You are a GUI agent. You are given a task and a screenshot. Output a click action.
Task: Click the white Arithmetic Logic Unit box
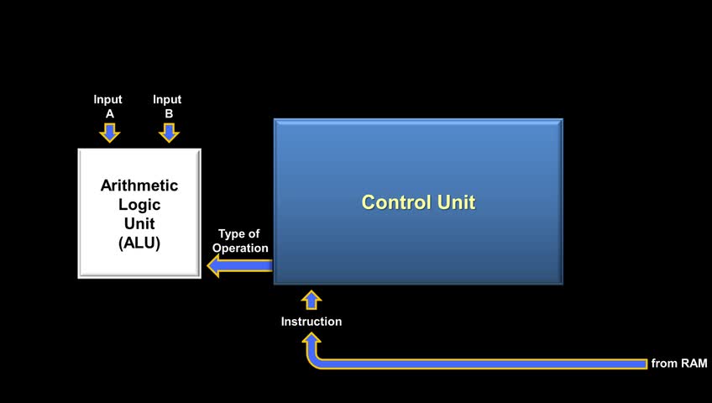click(139, 214)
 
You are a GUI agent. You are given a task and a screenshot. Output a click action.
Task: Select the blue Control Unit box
click(418, 243)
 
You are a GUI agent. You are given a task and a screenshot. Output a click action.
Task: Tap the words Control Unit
click(418, 202)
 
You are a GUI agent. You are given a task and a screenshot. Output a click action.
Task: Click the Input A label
click(108, 106)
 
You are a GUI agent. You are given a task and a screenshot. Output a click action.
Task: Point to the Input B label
click(167, 106)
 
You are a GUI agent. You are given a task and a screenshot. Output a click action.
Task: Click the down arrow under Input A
click(109, 132)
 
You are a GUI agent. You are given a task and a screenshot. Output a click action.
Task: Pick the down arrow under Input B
click(168, 132)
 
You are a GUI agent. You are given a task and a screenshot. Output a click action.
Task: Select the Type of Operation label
click(240, 241)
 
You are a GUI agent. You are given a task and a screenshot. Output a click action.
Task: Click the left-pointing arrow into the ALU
click(239, 266)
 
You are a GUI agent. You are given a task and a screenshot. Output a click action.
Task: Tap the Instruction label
click(311, 322)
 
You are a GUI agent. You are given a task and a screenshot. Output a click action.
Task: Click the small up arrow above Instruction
click(311, 300)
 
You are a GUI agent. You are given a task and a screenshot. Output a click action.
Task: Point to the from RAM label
click(679, 364)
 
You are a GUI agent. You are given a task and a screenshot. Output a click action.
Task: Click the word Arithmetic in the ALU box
click(139, 186)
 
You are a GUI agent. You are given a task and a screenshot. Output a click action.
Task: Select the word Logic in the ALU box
click(139, 205)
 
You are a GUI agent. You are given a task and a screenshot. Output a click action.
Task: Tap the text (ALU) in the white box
click(139, 243)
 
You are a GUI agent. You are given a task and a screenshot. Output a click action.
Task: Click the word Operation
click(240, 248)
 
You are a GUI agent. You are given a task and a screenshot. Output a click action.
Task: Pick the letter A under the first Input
click(108, 113)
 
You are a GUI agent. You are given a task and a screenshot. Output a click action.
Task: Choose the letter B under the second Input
click(167, 113)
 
